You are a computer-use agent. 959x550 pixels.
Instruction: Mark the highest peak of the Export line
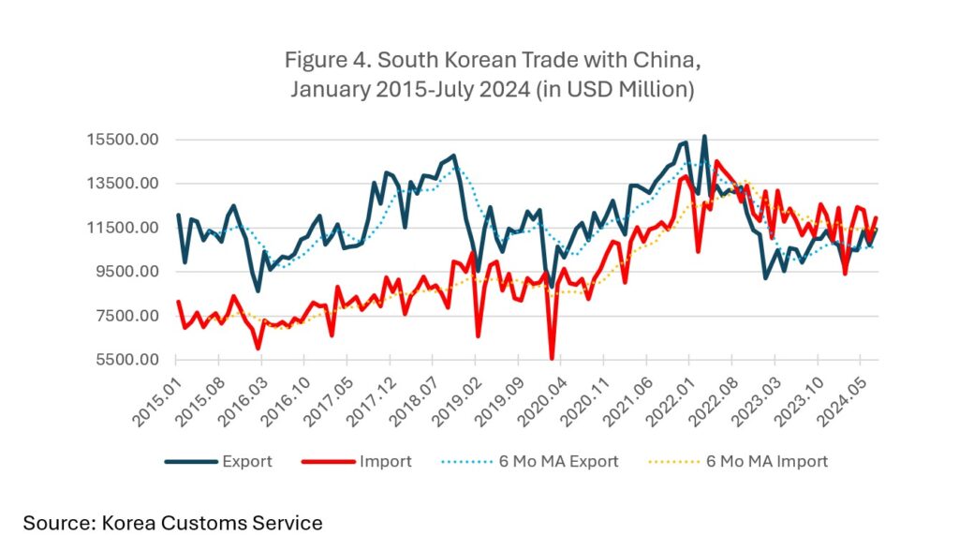point(704,137)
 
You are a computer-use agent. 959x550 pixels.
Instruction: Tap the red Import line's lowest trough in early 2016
point(258,349)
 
